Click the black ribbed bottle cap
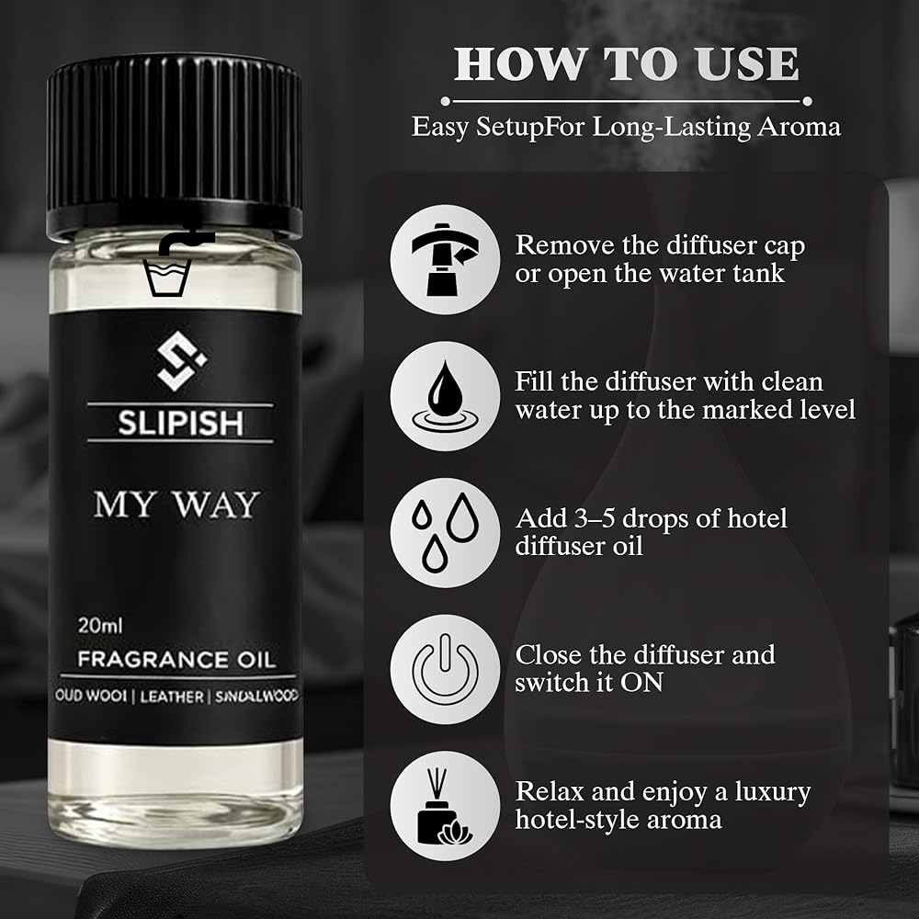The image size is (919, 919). pyautogui.click(x=174, y=146)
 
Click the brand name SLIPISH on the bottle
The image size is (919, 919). pyautogui.click(x=180, y=423)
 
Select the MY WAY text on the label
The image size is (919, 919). pyautogui.click(x=176, y=505)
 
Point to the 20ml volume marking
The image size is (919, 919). pyautogui.click(x=100, y=625)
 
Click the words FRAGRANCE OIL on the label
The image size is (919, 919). pyautogui.click(x=176, y=660)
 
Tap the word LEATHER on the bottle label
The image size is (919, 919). pyautogui.click(x=172, y=697)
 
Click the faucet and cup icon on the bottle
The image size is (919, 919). pyautogui.click(x=174, y=263)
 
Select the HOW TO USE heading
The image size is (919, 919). pyautogui.click(x=626, y=63)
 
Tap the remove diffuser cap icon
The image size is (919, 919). pyautogui.click(x=446, y=259)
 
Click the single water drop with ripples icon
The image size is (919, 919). pyautogui.click(x=446, y=396)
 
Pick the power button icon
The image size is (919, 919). pyautogui.click(x=446, y=669)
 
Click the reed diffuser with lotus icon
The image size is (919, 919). pyautogui.click(x=446, y=806)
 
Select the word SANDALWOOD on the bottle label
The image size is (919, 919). pyautogui.click(x=256, y=697)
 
